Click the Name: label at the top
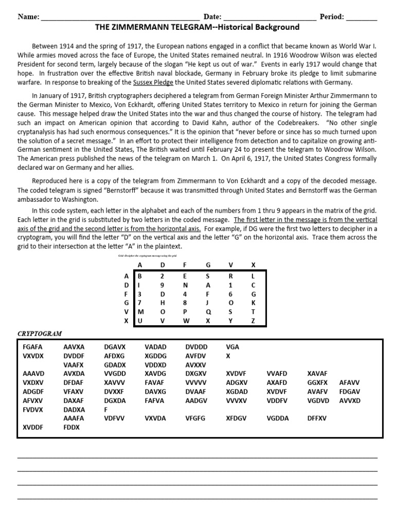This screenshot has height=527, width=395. point(29,17)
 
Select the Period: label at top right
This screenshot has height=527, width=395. point(332,17)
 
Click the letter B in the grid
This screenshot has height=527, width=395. point(139,276)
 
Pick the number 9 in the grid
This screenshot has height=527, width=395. point(163,285)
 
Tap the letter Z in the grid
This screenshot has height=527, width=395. point(253,321)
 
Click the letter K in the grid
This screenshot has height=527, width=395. point(253,303)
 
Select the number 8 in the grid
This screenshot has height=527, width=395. point(185,303)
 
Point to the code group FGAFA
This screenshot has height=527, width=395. point(33,347)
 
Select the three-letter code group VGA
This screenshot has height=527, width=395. point(232,347)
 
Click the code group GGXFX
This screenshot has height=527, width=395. point(317,383)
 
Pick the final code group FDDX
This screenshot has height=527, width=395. point(71,427)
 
